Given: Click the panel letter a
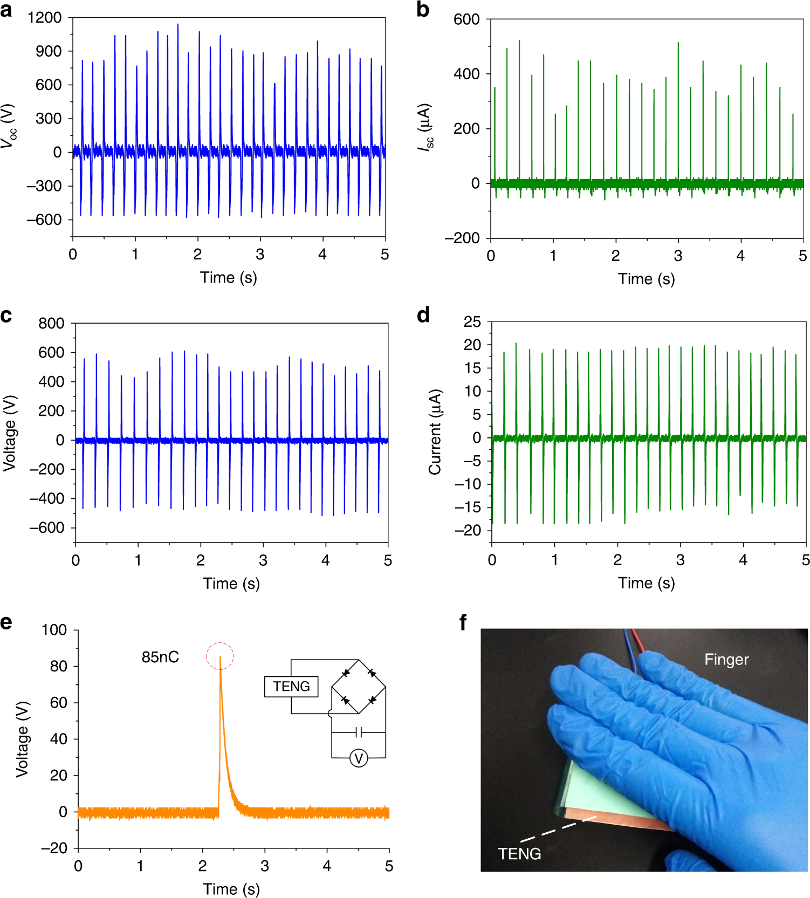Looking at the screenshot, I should tap(6, 10).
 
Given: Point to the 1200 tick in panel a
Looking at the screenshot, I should tap(45, 18).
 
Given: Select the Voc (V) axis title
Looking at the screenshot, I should tap(9, 126).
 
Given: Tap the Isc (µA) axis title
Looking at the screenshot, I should tap(426, 127).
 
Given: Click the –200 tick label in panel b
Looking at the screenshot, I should tap(462, 238).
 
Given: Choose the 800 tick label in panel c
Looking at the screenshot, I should tap(51, 324).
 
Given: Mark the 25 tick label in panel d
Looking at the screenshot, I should tap(472, 322).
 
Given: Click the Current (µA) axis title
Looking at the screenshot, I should tap(435, 432).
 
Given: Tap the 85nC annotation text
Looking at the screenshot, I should tap(160, 657).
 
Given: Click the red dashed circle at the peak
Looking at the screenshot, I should tap(220, 656).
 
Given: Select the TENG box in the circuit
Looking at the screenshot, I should tap(291, 687).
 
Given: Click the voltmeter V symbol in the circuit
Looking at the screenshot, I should tap(359, 758).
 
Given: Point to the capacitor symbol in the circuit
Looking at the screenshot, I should tap(359, 732).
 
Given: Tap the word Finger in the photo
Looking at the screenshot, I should tap(726, 660).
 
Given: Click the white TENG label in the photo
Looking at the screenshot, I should tap(519, 854).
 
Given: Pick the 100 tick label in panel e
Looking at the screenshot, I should tap(54, 630).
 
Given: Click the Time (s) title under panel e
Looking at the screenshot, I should tap(231, 889).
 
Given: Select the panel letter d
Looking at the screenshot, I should tap(423, 315).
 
